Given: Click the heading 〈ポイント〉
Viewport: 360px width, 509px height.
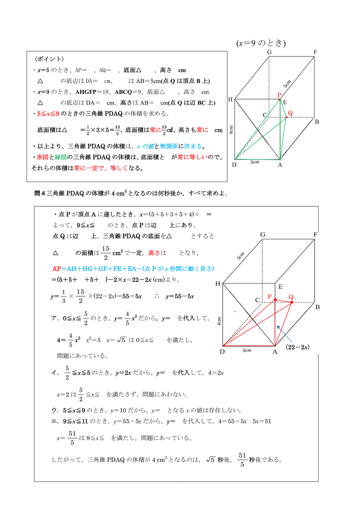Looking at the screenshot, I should tap(49, 59).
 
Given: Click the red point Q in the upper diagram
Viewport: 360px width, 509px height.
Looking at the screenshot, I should tap(286, 117).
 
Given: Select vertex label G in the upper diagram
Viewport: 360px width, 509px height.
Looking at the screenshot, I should tap(269, 52).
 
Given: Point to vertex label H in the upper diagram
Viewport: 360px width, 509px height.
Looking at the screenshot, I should tap(230, 99).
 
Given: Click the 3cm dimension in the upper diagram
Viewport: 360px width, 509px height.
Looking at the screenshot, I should tap(255, 162).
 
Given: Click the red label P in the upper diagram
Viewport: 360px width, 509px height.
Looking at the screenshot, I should tap(279, 95).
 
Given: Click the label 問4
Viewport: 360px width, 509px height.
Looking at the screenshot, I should tap(40, 194).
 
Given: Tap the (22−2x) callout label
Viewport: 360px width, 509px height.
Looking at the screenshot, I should tap(298, 347).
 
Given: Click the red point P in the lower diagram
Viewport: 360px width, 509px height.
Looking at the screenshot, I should tap(275, 299).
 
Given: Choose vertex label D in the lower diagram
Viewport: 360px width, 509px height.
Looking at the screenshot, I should tap(222, 352).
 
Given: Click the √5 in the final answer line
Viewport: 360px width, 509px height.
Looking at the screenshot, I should tap(210, 460).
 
